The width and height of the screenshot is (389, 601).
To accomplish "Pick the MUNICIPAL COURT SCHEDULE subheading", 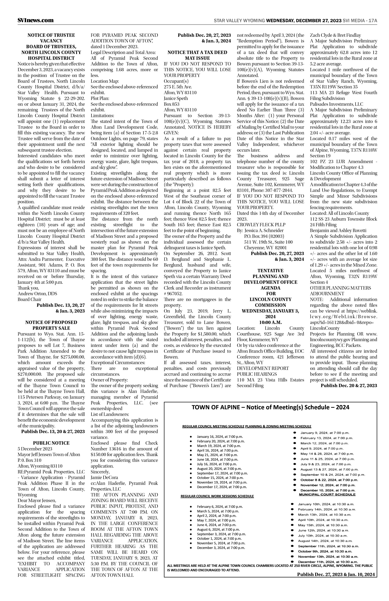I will pyautogui.click(x=327, y=494).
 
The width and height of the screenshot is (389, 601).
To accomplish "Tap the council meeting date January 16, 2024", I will pyautogui.click(x=220, y=436).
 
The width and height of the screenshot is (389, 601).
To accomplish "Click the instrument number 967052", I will pyautogui.click(x=175, y=294).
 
